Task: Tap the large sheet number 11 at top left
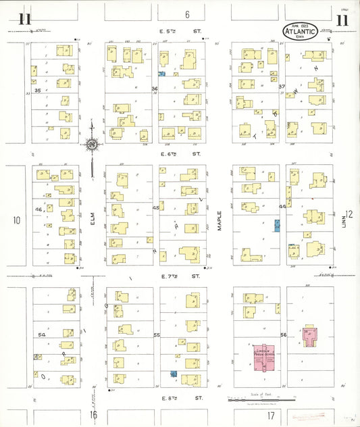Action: pos(25,18)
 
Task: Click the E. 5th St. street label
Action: pos(179,30)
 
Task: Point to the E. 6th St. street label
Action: pos(179,155)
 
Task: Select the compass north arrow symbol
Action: pos(91,143)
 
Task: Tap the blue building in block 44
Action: pos(276,226)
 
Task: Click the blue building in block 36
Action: pos(162,75)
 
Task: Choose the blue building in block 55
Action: pos(174,373)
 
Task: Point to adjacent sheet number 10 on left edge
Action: pos(17,220)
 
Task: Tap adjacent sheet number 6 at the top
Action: pos(187,14)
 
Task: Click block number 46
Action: pos(38,210)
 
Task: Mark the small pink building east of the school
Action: pos(310,336)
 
